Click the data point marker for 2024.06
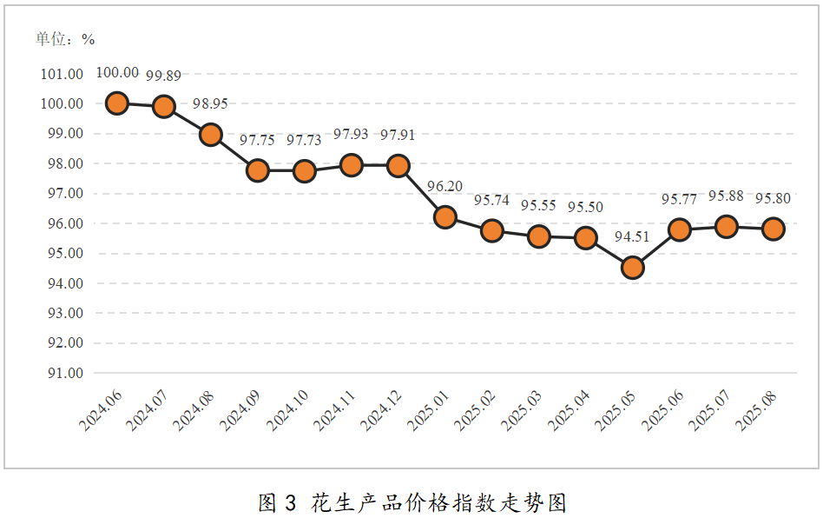pyautogui.click(x=116, y=103)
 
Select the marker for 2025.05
pyautogui.click(x=632, y=268)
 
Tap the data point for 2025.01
pyautogui.click(x=444, y=217)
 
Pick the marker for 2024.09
pyautogui.click(x=257, y=170)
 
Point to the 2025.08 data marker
pyautogui.click(x=773, y=229)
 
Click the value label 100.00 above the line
pyautogui.click(x=116, y=73)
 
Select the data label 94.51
pyautogui.click(x=632, y=236)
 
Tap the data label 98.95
pyautogui.click(x=210, y=103)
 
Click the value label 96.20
pyautogui.click(x=444, y=185)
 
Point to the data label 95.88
pyautogui.click(x=726, y=196)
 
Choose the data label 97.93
pyautogui.click(x=351, y=135)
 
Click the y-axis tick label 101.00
pyautogui.click(x=62, y=74)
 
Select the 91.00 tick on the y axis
pyautogui.click(x=62, y=373)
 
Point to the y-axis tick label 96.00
pyautogui.click(x=62, y=223)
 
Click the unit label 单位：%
pyautogui.click(x=65, y=39)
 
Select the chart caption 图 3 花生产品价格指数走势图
pyautogui.click(x=411, y=502)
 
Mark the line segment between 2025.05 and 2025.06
pyautogui.click(x=655, y=249)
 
